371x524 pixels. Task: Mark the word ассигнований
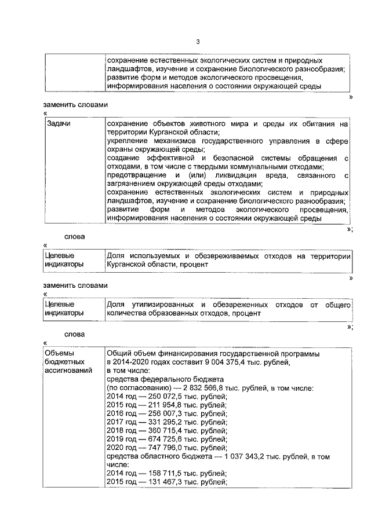coord(68,371)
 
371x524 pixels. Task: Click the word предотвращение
coord(136,175)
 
